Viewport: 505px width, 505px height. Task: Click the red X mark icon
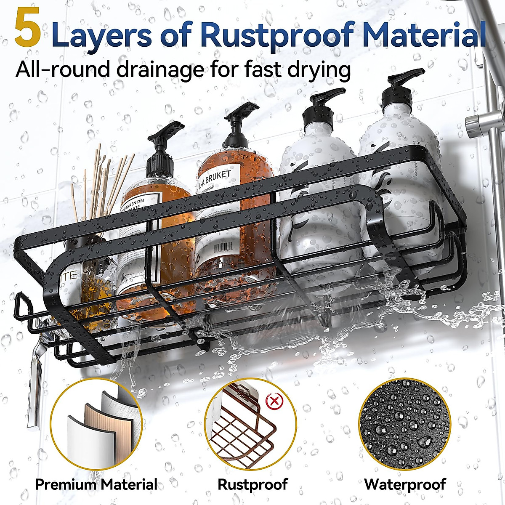pos(275,401)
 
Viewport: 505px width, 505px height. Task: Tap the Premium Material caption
pos(96,484)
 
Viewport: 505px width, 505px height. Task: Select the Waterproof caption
pos(405,484)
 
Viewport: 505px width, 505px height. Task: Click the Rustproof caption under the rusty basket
pos(252,484)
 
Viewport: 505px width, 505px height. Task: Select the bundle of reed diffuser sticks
pos(103,181)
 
